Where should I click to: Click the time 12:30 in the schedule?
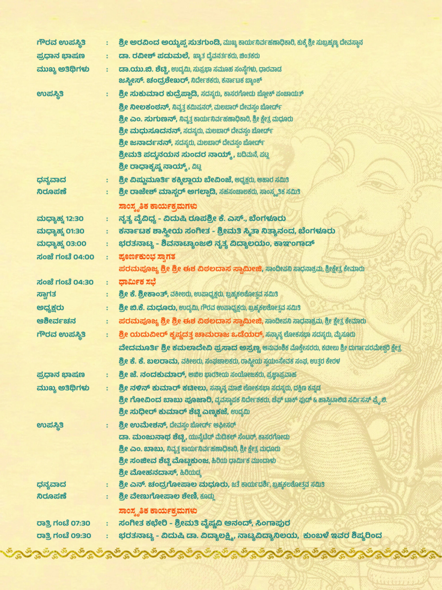tap(74, 219)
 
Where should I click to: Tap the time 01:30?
tap(75, 231)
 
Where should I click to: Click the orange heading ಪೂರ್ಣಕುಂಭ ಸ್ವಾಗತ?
tap(147, 257)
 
